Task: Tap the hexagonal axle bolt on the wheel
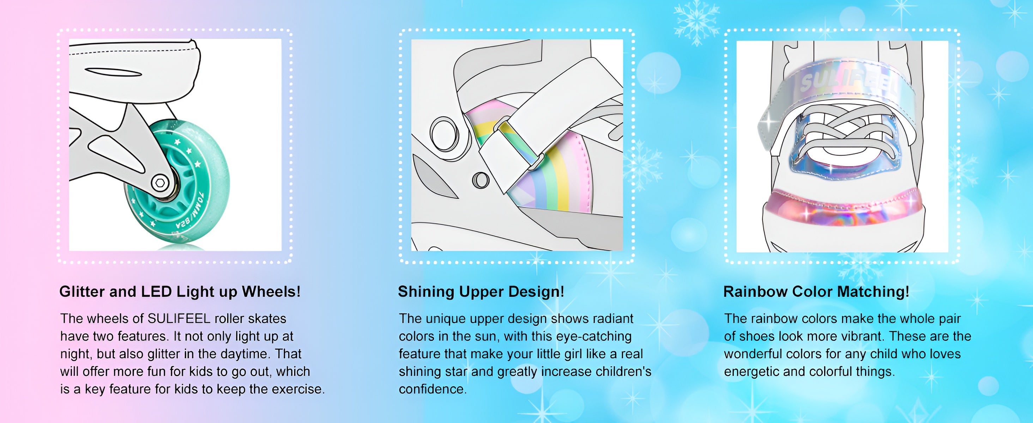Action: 160,183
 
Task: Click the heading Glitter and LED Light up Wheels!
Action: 180,292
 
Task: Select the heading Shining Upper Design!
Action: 481,292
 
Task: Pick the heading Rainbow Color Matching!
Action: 816,292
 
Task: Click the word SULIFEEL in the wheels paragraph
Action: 179,318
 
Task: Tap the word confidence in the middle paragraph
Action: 433,389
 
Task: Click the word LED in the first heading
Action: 156,292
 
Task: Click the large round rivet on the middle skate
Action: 444,133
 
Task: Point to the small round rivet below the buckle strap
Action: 481,180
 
